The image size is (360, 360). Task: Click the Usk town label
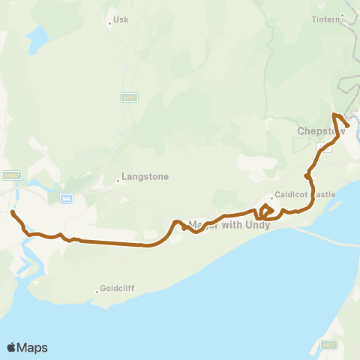121,19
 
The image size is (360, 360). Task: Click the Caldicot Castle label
304,194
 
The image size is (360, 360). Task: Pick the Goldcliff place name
119,289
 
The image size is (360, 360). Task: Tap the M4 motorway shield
66,197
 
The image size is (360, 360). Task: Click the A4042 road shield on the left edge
10,175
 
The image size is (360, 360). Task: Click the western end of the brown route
12,212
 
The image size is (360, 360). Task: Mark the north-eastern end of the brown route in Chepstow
348,125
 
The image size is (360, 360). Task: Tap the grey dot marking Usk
110,23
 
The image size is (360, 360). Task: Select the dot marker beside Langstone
118,180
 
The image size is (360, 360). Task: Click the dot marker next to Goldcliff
97,292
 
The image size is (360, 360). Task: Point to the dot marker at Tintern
342,15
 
